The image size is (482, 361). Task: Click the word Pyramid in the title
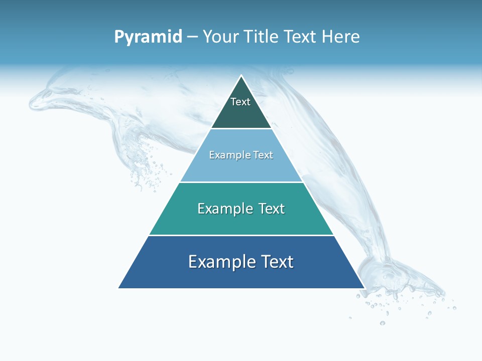(x=148, y=37)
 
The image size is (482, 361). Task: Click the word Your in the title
(x=219, y=37)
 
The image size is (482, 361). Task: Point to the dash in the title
(x=192, y=37)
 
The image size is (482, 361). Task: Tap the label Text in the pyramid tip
(x=240, y=102)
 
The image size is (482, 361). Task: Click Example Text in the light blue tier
(x=241, y=155)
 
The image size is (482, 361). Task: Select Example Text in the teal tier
(x=241, y=209)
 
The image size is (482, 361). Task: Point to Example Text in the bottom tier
(x=241, y=262)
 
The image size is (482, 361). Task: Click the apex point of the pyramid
(x=242, y=76)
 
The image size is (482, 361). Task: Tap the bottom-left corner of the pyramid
(x=119, y=288)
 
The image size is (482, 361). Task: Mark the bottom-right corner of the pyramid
(x=364, y=288)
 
